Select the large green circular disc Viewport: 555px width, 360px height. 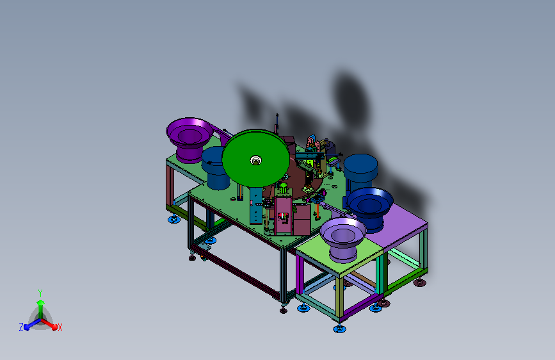click(x=255, y=158)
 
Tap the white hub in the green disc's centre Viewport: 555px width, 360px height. click(x=255, y=160)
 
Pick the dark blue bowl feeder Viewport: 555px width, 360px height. click(x=370, y=208)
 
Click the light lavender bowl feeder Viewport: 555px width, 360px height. click(x=343, y=239)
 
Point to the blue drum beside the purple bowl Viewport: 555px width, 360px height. click(x=215, y=168)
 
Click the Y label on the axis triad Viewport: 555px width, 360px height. click(x=40, y=293)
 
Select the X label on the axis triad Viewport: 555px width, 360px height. click(x=60, y=328)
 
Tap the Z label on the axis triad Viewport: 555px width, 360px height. click(x=21, y=327)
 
